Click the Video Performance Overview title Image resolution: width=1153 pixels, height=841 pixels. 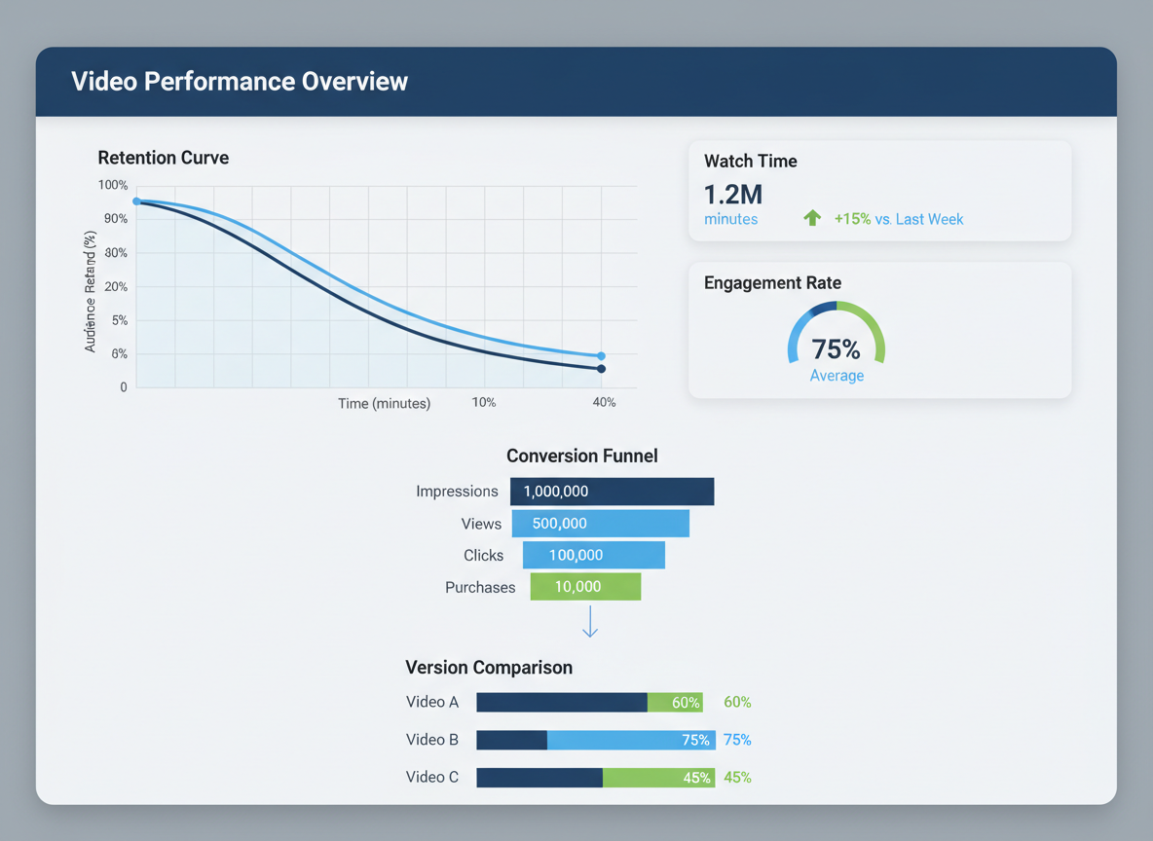[x=240, y=82]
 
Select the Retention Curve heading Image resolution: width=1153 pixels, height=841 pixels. [x=163, y=158]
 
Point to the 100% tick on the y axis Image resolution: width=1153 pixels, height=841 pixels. [x=113, y=185]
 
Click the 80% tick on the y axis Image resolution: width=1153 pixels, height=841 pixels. [x=115, y=253]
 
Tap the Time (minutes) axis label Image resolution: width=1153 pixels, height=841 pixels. [x=384, y=403]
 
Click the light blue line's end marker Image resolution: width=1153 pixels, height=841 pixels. [x=601, y=356]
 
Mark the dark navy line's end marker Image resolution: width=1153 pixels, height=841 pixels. [x=601, y=369]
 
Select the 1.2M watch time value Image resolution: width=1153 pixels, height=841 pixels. [x=732, y=194]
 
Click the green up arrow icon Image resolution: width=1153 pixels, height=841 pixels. [x=811, y=218]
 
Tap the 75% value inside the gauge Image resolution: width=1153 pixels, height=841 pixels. [x=836, y=349]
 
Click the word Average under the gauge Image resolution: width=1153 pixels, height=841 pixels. [x=837, y=376]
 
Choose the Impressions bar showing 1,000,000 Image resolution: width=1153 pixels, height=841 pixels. [x=612, y=492]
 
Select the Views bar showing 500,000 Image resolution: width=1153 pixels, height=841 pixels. [x=600, y=524]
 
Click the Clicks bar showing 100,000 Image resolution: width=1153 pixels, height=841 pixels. [x=593, y=555]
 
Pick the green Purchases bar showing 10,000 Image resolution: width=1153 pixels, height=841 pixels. [x=585, y=587]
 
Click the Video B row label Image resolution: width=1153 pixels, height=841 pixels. [x=431, y=740]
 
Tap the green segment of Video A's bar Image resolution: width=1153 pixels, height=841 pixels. [x=674, y=703]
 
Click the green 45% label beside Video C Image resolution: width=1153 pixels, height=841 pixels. [x=737, y=778]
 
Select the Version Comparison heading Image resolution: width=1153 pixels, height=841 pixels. [x=488, y=668]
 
